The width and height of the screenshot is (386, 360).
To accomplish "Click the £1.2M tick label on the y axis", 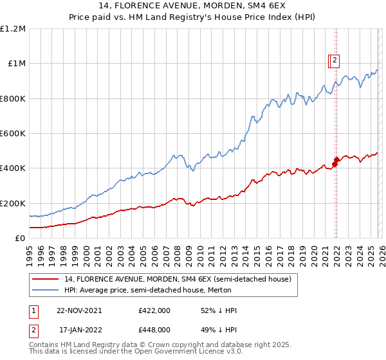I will tap(13, 29).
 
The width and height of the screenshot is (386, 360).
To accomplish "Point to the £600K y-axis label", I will tap(13, 134).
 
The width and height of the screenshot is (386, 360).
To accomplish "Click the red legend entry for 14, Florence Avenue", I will tap(178, 279).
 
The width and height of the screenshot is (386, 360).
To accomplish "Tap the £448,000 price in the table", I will tap(154, 330).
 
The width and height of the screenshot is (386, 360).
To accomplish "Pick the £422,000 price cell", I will tap(154, 311).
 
